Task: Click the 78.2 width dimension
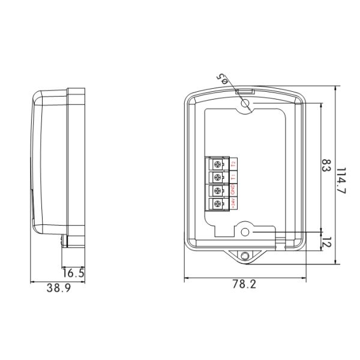244,285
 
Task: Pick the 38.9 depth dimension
59,289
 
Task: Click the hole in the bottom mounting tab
245,256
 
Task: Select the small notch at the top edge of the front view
245,91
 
